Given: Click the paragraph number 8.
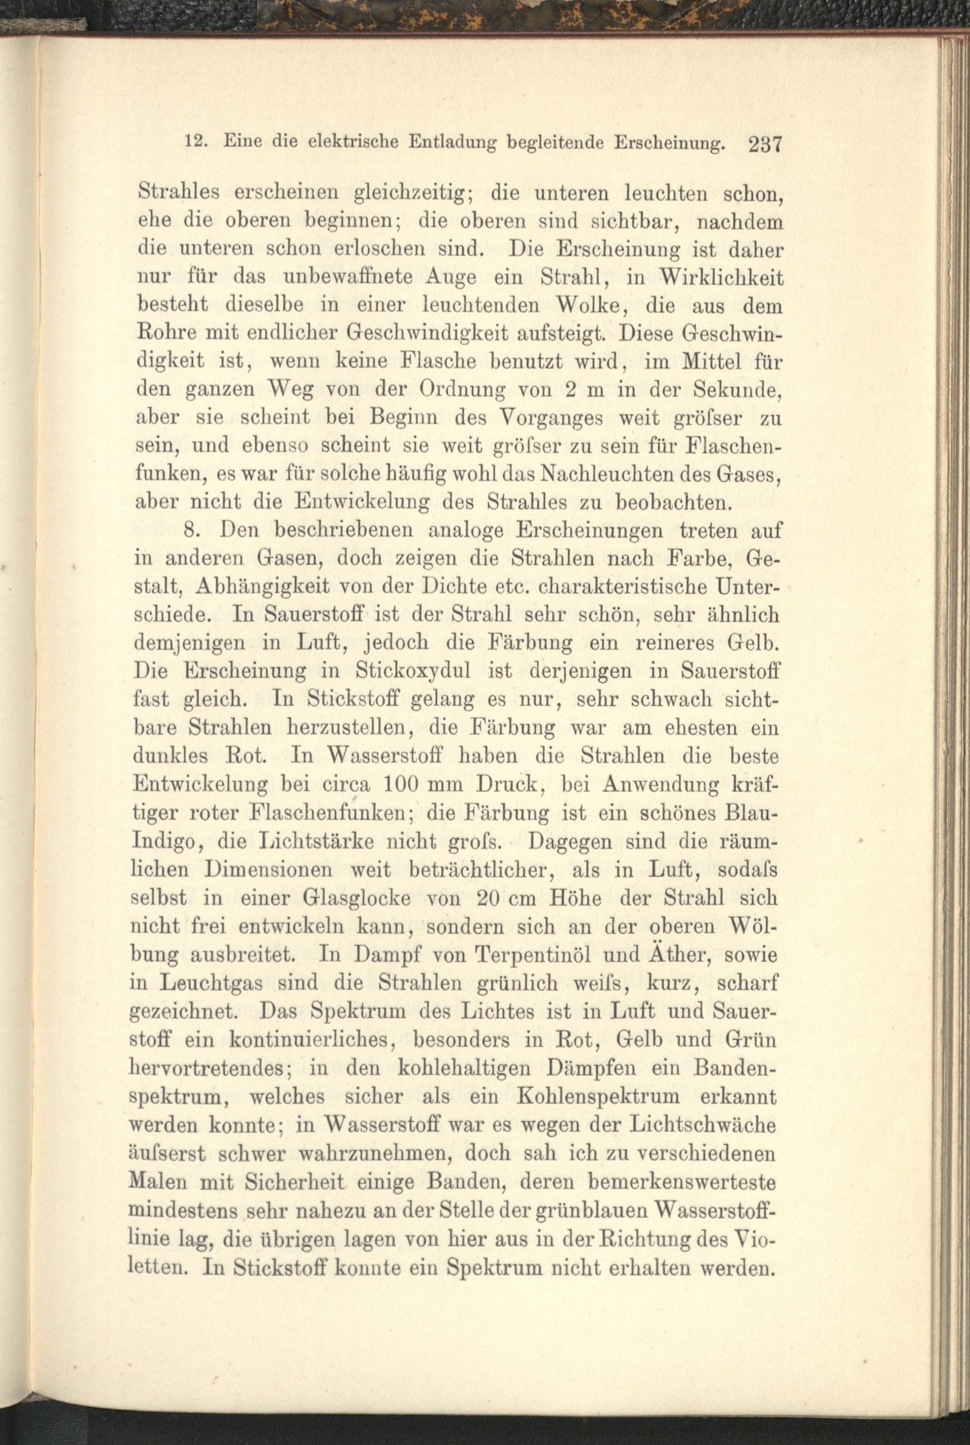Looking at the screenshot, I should tap(193, 530).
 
